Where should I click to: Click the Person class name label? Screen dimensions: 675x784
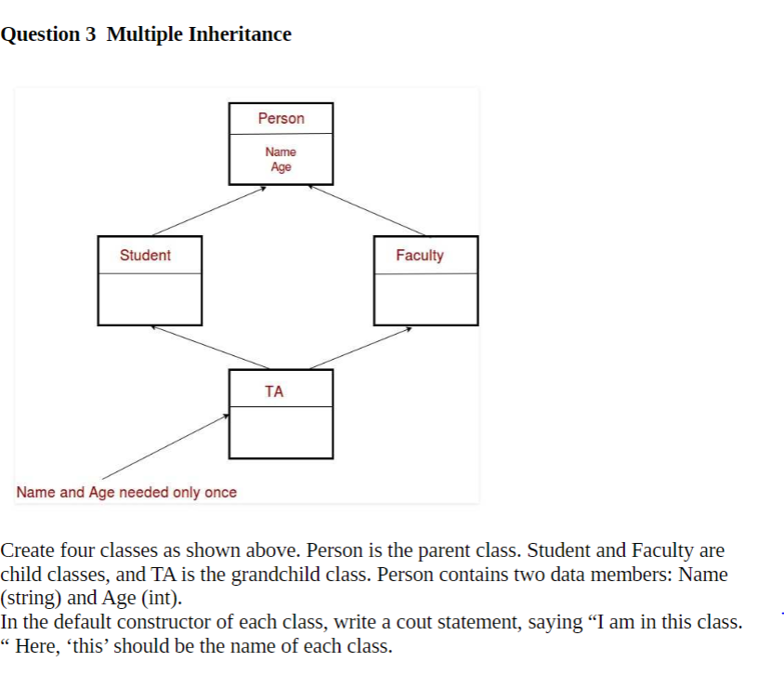[281, 118]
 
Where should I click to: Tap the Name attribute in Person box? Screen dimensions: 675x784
[281, 152]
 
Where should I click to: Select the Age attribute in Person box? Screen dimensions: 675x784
[281, 167]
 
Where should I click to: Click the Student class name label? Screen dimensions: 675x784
[145, 255]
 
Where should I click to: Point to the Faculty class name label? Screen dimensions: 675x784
[420, 255]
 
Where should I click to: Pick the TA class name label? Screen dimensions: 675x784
[274, 391]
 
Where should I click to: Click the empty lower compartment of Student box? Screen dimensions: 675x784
[150, 298]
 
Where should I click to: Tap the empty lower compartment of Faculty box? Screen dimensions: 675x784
[425, 298]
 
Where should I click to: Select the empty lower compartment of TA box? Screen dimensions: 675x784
[281, 432]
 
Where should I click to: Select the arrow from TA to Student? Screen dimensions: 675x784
[208, 348]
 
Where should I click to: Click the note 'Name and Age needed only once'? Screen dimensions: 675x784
[126, 492]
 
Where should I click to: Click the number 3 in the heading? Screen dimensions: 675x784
[91, 34]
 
